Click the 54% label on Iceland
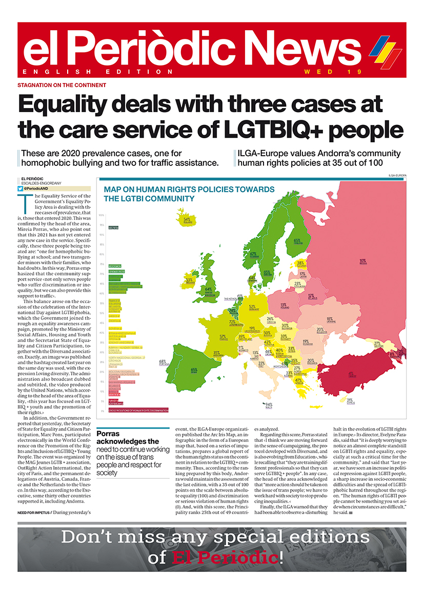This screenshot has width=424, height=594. pyautogui.click(x=187, y=220)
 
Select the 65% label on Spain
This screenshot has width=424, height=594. pyautogui.click(x=194, y=370)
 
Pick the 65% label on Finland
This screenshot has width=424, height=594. pyautogui.click(x=297, y=241)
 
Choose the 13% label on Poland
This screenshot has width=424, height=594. pyautogui.click(x=283, y=306)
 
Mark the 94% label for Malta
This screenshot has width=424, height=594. pyautogui.click(x=268, y=405)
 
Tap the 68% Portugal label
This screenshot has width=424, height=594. pyautogui.click(x=163, y=363)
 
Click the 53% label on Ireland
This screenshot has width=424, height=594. pyautogui.click(x=189, y=281)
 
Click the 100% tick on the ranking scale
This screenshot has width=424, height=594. pyautogui.click(x=102, y=216)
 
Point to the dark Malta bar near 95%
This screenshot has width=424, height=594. pyautogui.click(x=113, y=227)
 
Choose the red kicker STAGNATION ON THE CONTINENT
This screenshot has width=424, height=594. pyautogui.click(x=62, y=85)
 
